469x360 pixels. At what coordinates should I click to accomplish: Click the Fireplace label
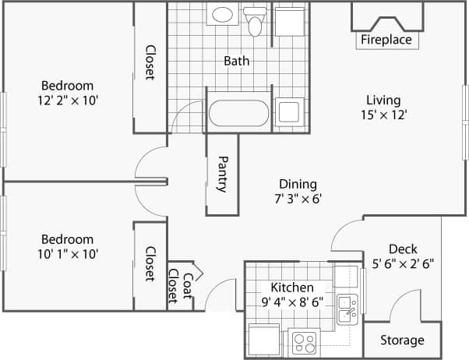coord(386,40)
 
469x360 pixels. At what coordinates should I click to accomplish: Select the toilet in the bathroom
coord(254,22)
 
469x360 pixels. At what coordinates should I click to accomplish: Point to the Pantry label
coord(222,175)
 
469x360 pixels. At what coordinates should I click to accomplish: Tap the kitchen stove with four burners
coord(305,341)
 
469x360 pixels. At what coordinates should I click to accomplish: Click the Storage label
coord(403,341)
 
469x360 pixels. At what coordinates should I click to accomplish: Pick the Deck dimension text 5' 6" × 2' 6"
coord(404,263)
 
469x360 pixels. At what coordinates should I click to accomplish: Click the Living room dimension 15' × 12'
coord(383,115)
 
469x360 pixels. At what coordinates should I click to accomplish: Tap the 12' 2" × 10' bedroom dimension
coord(67,100)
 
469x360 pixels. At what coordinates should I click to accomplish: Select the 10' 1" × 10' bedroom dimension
coord(67,253)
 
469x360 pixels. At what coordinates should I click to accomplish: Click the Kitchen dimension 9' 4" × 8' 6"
coord(292,302)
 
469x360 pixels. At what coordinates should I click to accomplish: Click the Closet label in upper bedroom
coord(150,61)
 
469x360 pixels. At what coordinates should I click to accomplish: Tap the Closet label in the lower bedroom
coord(150,264)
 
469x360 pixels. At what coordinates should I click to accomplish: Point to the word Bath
coord(236,61)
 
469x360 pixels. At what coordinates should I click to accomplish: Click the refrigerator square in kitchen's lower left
coord(262,340)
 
